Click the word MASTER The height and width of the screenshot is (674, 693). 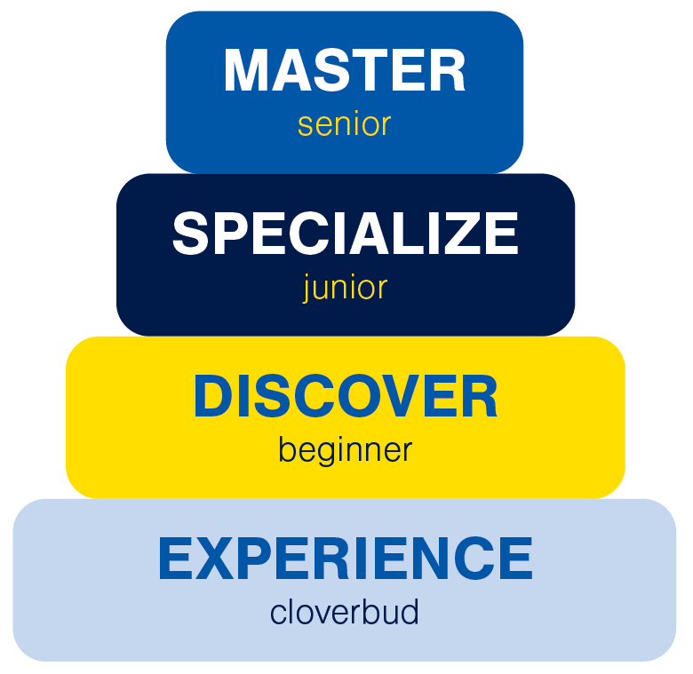point(345,71)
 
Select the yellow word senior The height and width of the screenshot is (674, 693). point(344,124)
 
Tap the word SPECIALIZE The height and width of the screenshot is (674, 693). point(345,234)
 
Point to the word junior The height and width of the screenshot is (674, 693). point(345,288)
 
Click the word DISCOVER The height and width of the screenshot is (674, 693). point(345,397)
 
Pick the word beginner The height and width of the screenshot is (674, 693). point(345,450)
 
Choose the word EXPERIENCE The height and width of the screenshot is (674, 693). point(345,559)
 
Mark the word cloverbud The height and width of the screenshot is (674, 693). point(345,613)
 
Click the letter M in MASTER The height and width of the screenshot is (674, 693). point(246,71)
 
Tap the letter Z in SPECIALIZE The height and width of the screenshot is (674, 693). point(465,234)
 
